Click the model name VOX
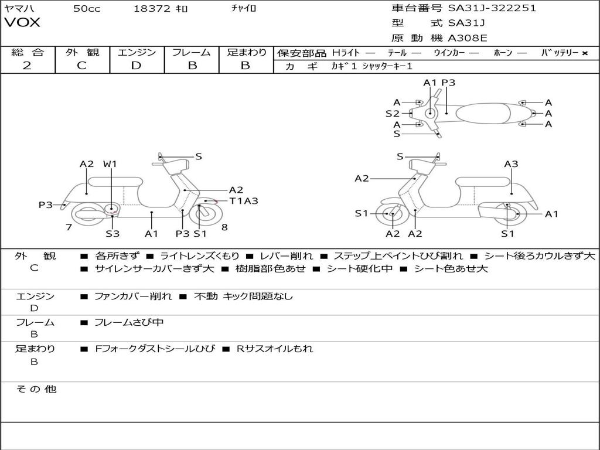pos(22,23)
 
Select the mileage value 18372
pos(152,8)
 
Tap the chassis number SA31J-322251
pos(492,8)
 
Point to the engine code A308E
pos(467,39)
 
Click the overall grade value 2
pos(27,65)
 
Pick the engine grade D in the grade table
pos(137,65)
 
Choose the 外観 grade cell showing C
pos(82,65)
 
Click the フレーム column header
pos(192,52)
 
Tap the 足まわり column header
pos(247,52)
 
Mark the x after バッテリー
pos(584,53)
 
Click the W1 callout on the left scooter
pos(110,164)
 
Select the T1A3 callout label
pos(243,201)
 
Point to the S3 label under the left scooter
pos(112,234)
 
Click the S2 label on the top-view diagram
pos(392,113)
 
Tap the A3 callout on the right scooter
pos(511,164)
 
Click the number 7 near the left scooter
pos(69,227)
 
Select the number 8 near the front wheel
pos(224,227)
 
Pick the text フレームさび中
pos(129,322)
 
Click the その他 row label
pos(36,389)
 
